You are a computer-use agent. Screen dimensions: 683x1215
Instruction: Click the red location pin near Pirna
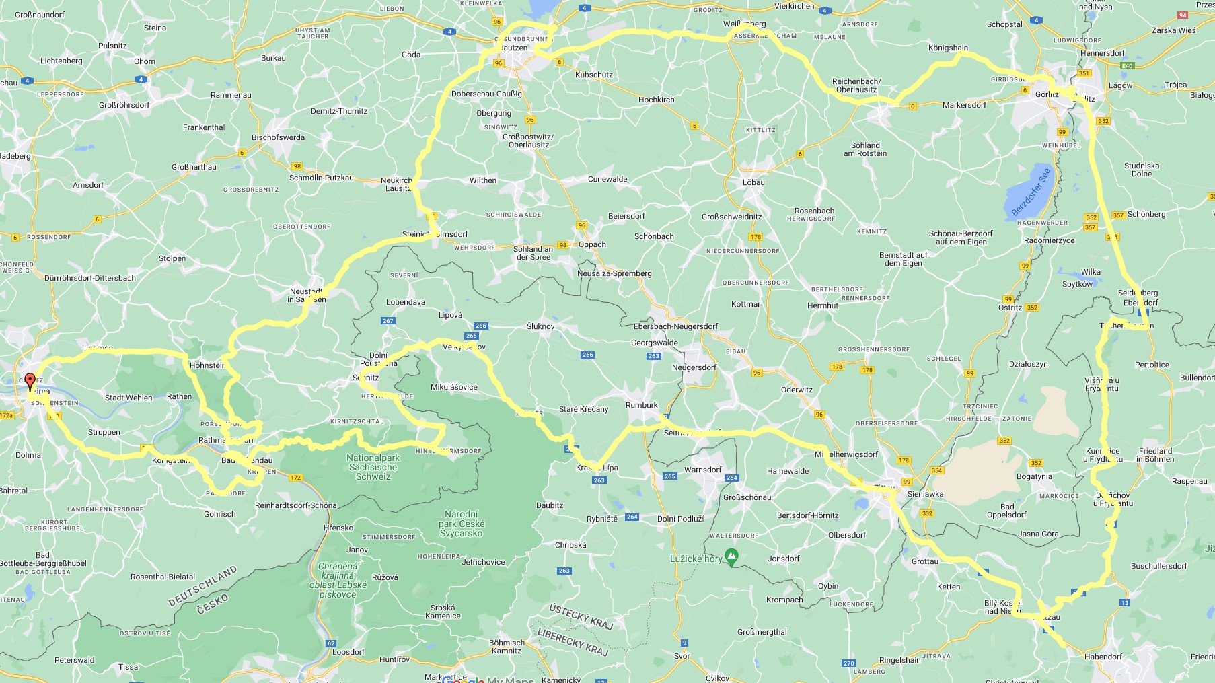pyautogui.click(x=30, y=382)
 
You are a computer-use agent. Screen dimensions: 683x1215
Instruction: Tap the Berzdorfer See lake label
pyautogui.click(x=1031, y=192)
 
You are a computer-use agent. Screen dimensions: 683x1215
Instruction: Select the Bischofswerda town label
pyautogui.click(x=278, y=137)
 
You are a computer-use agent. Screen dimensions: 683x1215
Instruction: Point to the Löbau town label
pyautogui.click(x=753, y=182)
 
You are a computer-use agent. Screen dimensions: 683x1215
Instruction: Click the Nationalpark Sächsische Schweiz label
pyautogui.click(x=373, y=467)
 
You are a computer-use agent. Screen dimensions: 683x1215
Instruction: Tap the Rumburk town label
pyautogui.click(x=641, y=405)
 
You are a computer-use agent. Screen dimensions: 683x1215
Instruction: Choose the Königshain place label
pyautogui.click(x=948, y=48)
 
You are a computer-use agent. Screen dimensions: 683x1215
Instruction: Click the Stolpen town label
pyautogui.click(x=172, y=258)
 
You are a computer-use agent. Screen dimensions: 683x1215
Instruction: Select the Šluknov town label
pyautogui.click(x=540, y=326)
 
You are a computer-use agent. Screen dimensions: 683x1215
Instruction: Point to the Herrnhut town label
pyautogui.click(x=823, y=305)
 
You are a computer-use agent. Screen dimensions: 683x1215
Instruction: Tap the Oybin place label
pyautogui.click(x=828, y=586)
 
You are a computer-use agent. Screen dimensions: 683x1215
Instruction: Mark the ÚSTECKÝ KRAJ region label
pyautogui.click(x=581, y=616)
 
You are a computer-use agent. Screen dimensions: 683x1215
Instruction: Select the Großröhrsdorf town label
pyautogui.click(x=124, y=105)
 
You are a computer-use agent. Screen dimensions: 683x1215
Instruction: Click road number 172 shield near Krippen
pyautogui.click(x=295, y=478)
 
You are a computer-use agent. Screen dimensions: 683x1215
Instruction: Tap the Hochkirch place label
pyautogui.click(x=656, y=100)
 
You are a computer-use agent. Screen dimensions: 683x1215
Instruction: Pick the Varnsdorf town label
pyautogui.click(x=702, y=470)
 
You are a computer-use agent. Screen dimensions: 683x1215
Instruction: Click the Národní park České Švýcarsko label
pyautogui.click(x=461, y=524)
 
